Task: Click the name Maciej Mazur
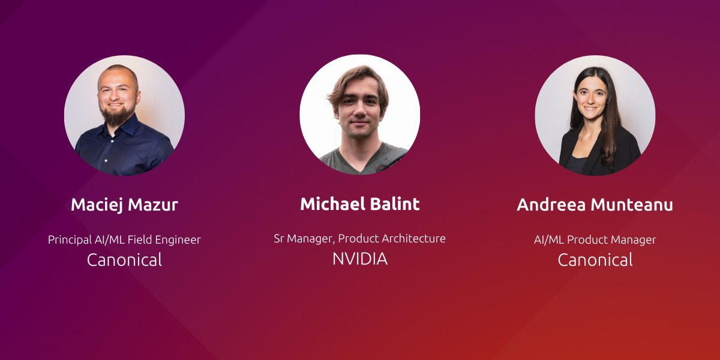[124, 205]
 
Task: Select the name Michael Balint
[359, 204]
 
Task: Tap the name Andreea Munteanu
[595, 205]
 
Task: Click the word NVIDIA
[359, 259]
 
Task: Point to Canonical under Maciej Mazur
[124, 260]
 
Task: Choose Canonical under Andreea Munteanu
[595, 260]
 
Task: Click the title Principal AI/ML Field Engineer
[124, 240]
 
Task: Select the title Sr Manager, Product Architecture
[359, 239]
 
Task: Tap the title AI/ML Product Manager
[595, 240]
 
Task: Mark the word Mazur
[153, 205]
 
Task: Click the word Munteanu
[632, 205]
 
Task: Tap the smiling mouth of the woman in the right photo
[591, 109]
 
